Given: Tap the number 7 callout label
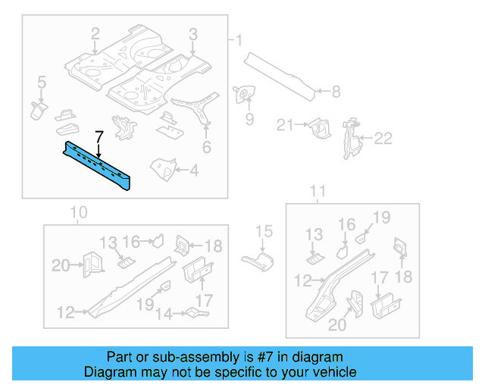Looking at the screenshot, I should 99,137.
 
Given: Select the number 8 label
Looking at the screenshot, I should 336,92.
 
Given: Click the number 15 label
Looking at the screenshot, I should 263,232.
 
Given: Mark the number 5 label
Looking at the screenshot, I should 42,82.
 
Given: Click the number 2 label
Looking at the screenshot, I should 95,33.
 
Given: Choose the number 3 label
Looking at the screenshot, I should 192,33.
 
